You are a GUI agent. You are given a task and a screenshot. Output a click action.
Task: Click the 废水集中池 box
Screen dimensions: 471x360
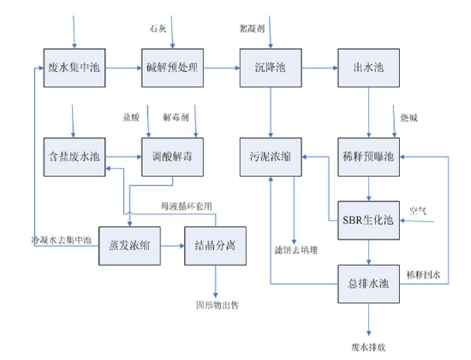pos(75,68)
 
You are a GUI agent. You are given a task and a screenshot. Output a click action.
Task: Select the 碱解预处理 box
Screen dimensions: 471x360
pos(172,68)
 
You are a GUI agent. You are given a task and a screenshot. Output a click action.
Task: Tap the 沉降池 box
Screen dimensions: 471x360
pos(271,68)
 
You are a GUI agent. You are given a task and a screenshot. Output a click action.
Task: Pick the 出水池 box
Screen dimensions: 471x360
pos(368,68)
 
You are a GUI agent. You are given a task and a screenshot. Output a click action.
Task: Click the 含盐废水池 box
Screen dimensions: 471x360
pos(75,157)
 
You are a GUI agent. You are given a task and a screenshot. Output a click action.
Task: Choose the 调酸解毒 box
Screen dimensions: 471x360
pos(172,157)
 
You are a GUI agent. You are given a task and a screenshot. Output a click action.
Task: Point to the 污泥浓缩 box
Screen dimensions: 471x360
pos(271,157)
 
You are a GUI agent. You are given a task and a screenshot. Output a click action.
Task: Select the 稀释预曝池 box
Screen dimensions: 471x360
pos(368,157)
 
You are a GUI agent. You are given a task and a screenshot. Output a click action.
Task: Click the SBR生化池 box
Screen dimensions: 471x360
pos(368,220)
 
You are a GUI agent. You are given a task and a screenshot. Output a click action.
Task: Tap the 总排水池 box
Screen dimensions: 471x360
pos(368,284)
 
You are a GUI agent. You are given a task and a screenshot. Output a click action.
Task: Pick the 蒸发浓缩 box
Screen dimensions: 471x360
pos(129,246)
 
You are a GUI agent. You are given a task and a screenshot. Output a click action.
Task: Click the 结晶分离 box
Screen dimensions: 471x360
pos(215,246)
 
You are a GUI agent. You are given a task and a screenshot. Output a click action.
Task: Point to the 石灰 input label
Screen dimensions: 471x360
pos(158,28)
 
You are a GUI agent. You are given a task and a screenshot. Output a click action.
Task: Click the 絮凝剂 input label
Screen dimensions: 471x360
pos(252,28)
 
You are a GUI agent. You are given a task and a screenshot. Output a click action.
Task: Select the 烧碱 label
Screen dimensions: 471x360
pos(408,118)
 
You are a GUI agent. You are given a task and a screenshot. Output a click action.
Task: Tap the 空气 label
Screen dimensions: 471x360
pos(418,211)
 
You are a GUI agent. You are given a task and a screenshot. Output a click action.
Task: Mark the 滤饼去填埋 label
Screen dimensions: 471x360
pos(296,250)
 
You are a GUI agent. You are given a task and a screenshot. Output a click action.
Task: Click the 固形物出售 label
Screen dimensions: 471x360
pos(218,305)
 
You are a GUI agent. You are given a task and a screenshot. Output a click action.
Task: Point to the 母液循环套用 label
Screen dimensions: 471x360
pos(187,207)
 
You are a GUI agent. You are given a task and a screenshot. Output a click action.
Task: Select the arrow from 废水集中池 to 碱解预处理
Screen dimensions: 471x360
pos(123,68)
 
